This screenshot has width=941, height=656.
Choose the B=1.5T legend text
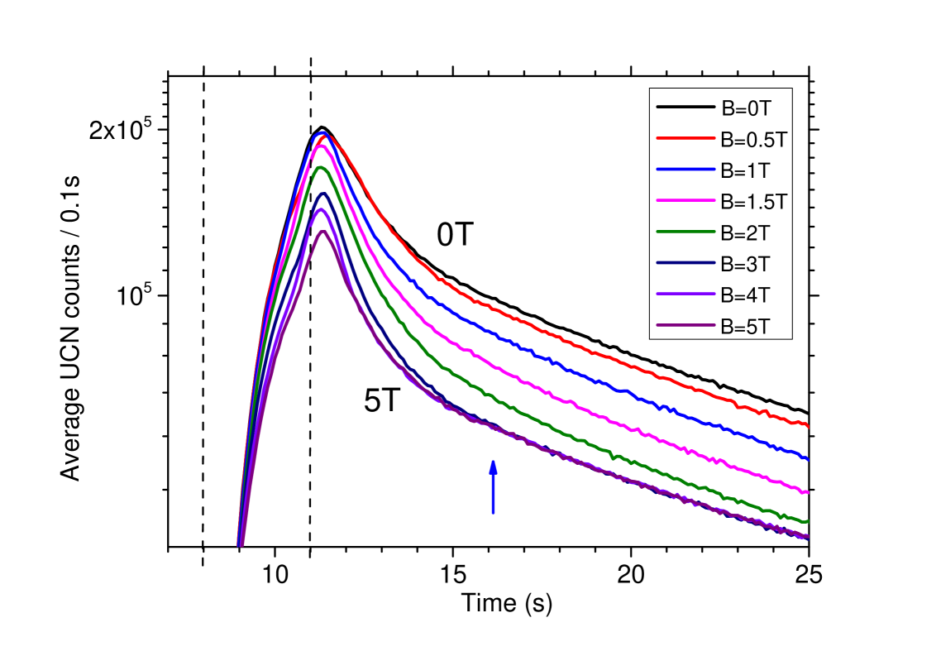pos(753,201)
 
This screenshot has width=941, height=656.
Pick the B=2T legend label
pos(745,232)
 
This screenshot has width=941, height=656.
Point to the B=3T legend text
pos(745,264)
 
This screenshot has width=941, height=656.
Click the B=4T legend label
pos(745,295)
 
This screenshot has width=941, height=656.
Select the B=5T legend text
pos(745,327)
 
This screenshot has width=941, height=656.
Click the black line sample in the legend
pos(685,107)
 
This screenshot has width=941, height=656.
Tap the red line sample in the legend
pos(685,138)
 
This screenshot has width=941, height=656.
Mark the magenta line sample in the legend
pos(685,201)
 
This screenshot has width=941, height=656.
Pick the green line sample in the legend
pos(685,232)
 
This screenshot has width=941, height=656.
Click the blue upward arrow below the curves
pos(493,487)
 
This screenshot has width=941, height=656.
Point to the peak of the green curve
pos(322,167)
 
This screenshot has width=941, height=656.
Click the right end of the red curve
pos(807,426)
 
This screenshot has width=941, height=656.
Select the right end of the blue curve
pos(807,458)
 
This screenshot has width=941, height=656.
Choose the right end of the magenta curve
pos(807,492)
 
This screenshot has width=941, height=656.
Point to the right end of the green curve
pos(807,521)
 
